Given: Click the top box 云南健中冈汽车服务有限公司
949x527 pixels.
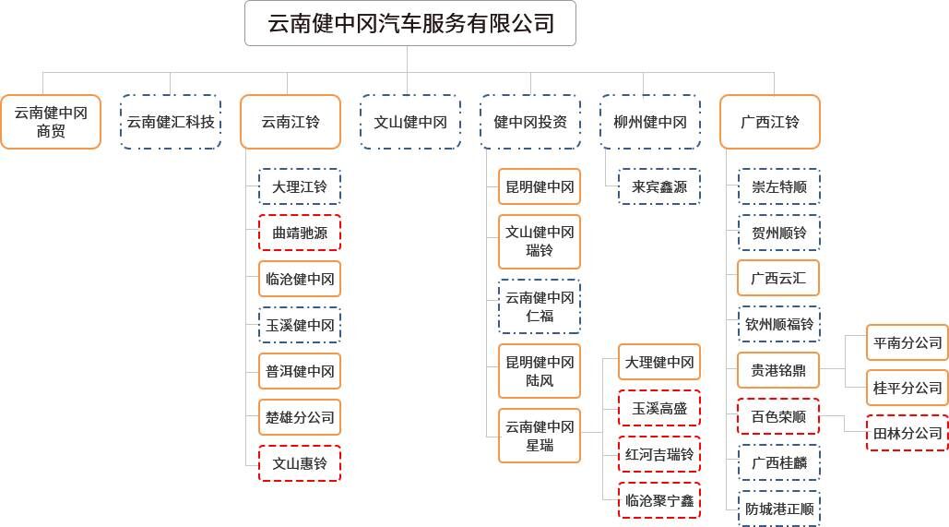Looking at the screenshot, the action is pyautogui.click(x=409, y=23).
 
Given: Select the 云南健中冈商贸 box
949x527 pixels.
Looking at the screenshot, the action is pyautogui.click(x=51, y=122).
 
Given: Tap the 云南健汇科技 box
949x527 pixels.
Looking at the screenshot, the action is pyautogui.click(x=171, y=122).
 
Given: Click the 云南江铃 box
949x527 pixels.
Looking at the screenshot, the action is pyautogui.click(x=291, y=122).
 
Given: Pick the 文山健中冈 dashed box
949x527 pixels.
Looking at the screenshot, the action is pyautogui.click(x=410, y=122).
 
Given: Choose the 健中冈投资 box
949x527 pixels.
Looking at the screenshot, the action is pyautogui.click(x=530, y=122).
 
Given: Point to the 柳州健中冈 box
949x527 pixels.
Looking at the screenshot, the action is pyautogui.click(x=650, y=122).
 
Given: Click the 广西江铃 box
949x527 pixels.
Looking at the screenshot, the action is pyautogui.click(x=770, y=122).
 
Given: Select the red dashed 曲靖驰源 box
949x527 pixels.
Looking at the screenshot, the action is pyautogui.click(x=300, y=233).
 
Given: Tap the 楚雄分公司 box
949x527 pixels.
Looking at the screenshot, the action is pyautogui.click(x=300, y=417).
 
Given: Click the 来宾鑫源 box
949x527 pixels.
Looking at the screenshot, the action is pyautogui.click(x=659, y=186).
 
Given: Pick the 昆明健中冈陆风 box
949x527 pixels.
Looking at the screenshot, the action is pyautogui.click(x=540, y=371).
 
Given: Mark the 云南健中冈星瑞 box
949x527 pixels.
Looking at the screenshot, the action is pyautogui.click(x=540, y=437).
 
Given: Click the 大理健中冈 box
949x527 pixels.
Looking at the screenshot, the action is pyautogui.click(x=659, y=362).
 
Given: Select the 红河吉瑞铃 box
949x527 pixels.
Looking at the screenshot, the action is pyautogui.click(x=659, y=454).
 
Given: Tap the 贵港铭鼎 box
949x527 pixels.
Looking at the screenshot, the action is pyautogui.click(x=778, y=370).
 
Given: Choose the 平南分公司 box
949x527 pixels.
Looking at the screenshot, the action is pyautogui.click(x=907, y=342).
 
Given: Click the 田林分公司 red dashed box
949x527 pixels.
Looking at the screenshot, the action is pyautogui.click(x=907, y=433).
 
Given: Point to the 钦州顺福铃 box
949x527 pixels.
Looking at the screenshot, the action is pyautogui.click(x=779, y=324).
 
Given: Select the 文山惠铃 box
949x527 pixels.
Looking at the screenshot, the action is pyautogui.click(x=300, y=463).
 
